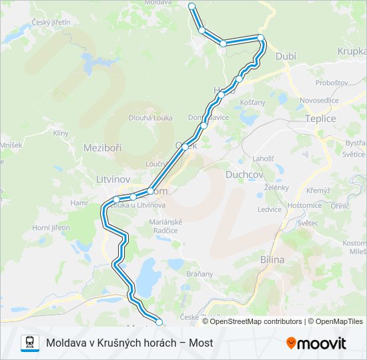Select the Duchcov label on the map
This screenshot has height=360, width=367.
point(244,174)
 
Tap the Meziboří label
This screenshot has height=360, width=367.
point(102,147)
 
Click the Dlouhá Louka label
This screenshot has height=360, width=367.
point(150,118)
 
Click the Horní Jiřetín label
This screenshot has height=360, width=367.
point(51,227)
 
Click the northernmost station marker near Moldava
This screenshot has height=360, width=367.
point(192,6)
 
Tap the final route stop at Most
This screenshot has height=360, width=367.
point(159,323)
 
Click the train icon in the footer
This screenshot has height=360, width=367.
point(29,343)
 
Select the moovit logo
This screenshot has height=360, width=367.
point(316,343)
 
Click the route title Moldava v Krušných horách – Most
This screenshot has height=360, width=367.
point(129,343)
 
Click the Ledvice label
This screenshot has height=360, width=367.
point(270,209)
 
